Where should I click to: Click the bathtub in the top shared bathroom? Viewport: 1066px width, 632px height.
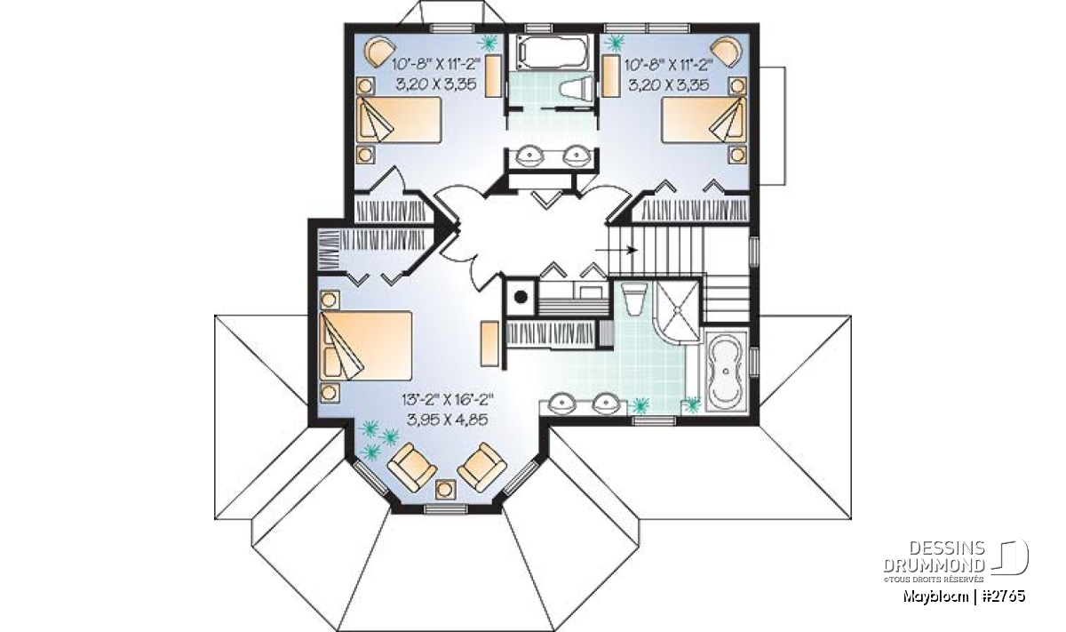(x=552, y=52)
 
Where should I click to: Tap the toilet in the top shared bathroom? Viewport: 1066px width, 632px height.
(x=576, y=89)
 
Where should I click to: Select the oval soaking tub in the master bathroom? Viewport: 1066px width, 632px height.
(x=726, y=372)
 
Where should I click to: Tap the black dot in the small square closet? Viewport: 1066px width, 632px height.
(x=521, y=297)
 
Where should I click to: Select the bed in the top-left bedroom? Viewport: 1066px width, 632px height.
(x=399, y=119)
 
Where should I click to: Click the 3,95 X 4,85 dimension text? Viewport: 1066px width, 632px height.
(x=448, y=420)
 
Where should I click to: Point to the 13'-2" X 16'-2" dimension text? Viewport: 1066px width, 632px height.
(x=448, y=399)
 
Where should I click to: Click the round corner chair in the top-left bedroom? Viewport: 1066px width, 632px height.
(x=381, y=52)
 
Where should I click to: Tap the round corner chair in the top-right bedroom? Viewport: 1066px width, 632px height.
(x=726, y=52)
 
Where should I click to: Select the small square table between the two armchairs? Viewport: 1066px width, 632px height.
(x=445, y=489)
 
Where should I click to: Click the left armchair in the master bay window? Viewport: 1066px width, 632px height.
(x=412, y=467)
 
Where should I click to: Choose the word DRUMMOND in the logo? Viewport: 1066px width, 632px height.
(x=935, y=565)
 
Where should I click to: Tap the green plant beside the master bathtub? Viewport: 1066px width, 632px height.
(x=693, y=404)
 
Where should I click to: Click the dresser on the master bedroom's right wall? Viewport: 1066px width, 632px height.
(x=489, y=343)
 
